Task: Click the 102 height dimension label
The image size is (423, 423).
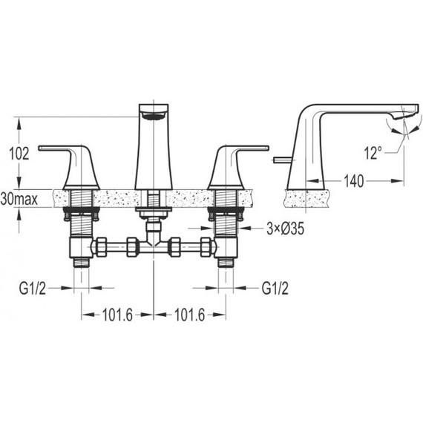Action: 19,154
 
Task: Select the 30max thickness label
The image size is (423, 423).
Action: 19,200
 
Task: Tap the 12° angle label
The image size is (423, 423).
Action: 373,153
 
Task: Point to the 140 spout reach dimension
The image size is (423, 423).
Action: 354,181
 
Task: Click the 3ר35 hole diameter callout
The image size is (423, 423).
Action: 286,229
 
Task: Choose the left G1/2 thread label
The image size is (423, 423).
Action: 33,289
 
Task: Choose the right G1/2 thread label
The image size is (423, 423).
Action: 275,289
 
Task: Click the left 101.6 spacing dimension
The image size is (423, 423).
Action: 117,315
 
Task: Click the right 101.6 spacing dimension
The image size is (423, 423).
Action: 190,315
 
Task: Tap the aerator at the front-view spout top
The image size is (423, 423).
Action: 153,117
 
